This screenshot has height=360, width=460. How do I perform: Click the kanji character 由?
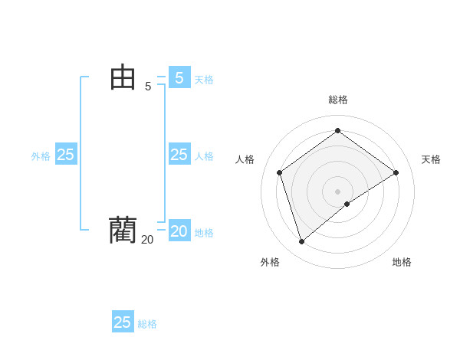(123, 77)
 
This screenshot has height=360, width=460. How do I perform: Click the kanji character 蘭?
(123, 230)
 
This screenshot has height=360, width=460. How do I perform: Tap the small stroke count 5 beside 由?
(148, 87)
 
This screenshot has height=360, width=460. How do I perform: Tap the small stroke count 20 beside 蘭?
(147, 240)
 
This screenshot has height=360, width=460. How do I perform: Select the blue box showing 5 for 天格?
(179, 78)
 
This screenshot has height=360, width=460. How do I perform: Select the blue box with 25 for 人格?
(179, 155)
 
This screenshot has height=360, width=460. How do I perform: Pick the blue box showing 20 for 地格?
(179, 231)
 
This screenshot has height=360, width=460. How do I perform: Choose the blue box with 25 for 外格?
(66, 155)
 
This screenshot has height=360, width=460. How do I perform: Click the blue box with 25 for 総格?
(123, 322)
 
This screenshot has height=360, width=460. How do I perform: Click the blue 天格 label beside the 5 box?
(204, 80)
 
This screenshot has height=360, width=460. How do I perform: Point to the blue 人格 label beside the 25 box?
(204, 156)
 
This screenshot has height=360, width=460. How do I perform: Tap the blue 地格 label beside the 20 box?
(204, 233)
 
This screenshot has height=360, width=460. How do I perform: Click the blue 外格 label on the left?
(41, 156)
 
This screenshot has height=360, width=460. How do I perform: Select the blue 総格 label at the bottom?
(147, 324)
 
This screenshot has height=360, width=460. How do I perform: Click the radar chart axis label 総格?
(338, 100)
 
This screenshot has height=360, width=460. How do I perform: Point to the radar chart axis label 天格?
(431, 159)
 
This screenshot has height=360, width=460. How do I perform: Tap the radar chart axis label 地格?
(402, 262)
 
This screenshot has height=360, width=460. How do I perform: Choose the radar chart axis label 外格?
(270, 262)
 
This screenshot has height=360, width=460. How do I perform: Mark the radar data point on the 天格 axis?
(396, 172)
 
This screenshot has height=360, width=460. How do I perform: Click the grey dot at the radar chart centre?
(338, 191)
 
